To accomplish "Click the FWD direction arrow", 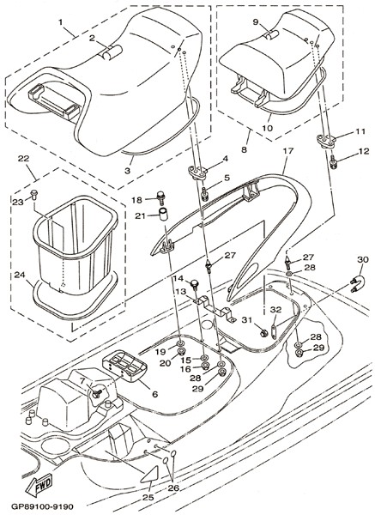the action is pos(39,484).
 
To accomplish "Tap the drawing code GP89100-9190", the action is pos(42,506).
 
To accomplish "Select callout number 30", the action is pos(363,259).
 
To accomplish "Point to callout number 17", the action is pos(288,151).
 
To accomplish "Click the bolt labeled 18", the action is pos(161,197).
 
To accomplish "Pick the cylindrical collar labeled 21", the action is pos(162,214).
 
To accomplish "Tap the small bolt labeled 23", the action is pos(34,194).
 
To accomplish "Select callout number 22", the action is pos(23,158).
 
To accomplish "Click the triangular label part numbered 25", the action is pos(149,475).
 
